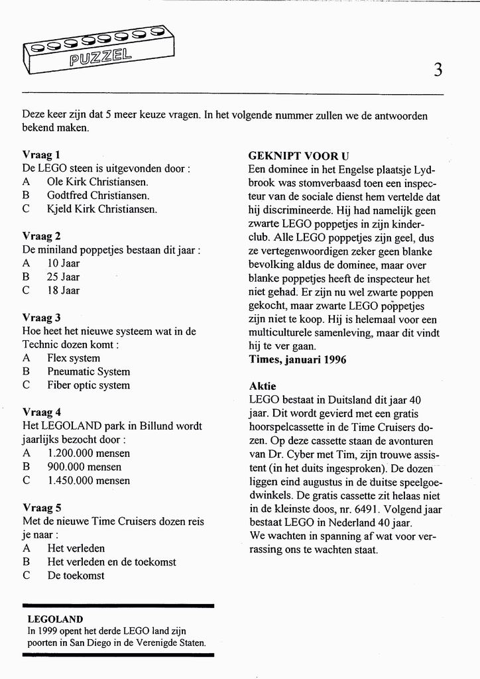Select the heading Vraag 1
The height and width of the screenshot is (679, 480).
41,154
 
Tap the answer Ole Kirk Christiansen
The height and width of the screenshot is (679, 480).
97,182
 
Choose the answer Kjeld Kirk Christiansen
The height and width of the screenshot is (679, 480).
102,209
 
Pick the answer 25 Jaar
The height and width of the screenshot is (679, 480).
63,277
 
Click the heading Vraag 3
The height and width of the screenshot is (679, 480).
41,318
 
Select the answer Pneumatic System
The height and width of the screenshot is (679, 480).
88,371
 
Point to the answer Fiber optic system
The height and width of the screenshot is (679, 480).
88,385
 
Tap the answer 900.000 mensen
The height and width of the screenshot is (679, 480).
84,467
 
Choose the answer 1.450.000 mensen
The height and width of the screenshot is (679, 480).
89,480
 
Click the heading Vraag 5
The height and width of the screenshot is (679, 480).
41,508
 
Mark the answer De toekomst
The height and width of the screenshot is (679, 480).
76,576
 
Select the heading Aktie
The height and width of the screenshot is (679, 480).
263,387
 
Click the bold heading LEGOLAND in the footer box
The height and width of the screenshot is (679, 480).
55,619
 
